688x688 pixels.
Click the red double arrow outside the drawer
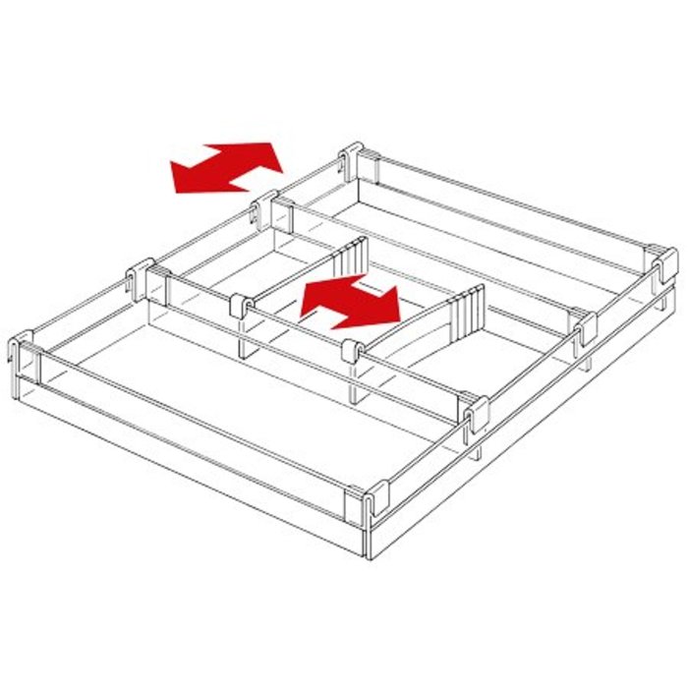coord(226,167)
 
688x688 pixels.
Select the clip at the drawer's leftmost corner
coord(24,351)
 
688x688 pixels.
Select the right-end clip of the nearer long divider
coord(475,414)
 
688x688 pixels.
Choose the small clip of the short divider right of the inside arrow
coord(351,349)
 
